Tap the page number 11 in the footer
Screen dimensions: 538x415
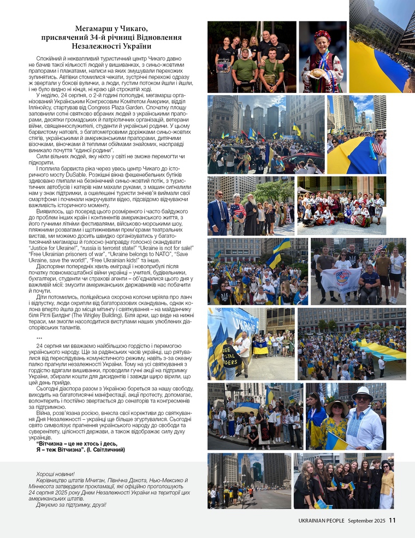[x=392, y=521]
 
